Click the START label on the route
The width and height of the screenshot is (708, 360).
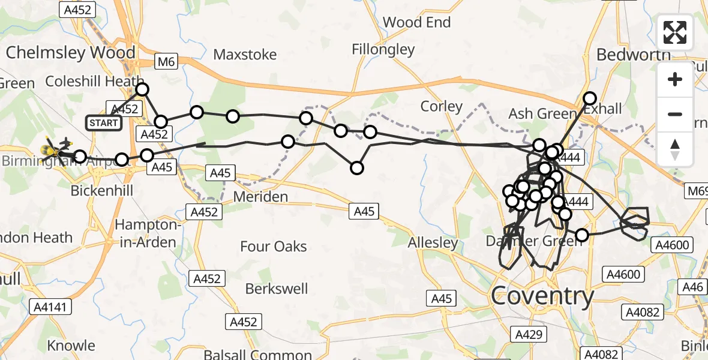(x=104, y=123)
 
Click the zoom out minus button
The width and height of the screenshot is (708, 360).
(x=675, y=114)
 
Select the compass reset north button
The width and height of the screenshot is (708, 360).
(x=675, y=149)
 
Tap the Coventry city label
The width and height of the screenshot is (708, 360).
(x=542, y=295)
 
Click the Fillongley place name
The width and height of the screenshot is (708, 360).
(x=383, y=49)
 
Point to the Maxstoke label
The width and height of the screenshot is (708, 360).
(x=245, y=55)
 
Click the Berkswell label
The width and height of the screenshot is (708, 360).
(x=277, y=289)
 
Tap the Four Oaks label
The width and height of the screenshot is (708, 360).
(x=273, y=247)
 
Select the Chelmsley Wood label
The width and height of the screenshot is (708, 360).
(x=71, y=53)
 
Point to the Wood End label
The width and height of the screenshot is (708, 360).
(x=416, y=23)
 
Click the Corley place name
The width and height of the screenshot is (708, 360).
(x=442, y=107)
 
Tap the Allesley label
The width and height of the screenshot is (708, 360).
(x=433, y=243)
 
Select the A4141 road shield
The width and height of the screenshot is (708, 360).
(x=51, y=307)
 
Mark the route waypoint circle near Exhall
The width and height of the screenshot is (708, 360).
(x=590, y=98)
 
